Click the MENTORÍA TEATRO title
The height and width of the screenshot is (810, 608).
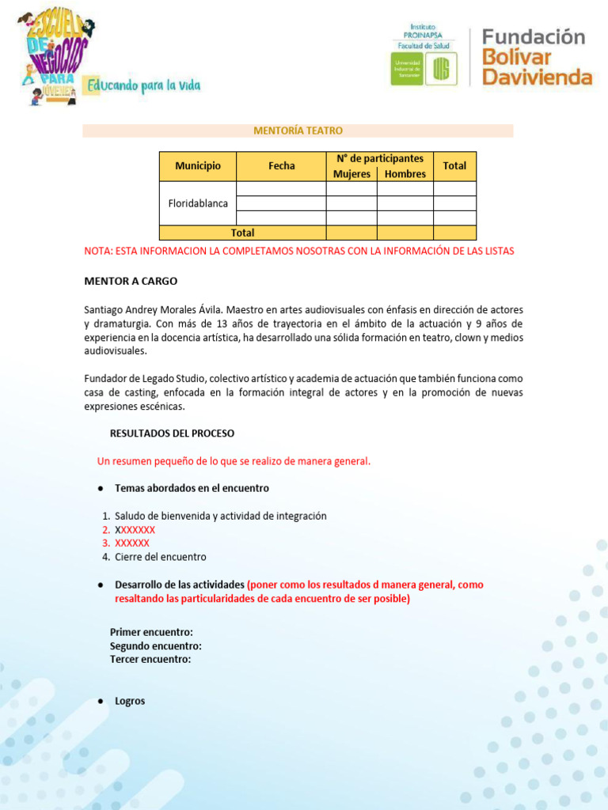(298, 131)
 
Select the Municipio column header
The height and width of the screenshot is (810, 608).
(198, 166)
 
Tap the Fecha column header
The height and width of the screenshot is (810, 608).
(281, 166)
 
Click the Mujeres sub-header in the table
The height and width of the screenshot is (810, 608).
(351, 174)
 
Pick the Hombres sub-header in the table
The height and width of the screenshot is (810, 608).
(405, 174)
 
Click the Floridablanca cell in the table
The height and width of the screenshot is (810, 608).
(198, 203)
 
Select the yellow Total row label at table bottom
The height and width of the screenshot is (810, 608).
(242, 233)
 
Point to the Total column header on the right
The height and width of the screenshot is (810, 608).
(454, 166)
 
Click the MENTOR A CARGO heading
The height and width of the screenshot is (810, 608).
(131, 281)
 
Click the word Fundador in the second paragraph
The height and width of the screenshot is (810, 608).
(106, 379)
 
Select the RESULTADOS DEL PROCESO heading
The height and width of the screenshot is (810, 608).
(172, 433)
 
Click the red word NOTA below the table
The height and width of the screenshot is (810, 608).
(98, 251)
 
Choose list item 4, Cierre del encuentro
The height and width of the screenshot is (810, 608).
(160, 557)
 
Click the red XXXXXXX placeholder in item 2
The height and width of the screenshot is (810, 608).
(135, 530)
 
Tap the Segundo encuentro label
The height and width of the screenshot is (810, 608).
(155, 645)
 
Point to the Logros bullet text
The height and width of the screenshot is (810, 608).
(130, 701)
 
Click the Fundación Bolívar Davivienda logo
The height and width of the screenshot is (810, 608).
(536, 56)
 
